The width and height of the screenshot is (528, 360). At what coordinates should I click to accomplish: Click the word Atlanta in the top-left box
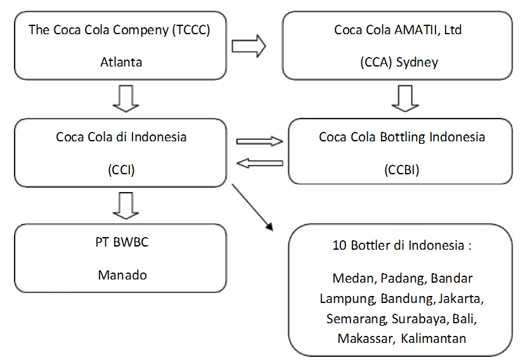click(120, 63)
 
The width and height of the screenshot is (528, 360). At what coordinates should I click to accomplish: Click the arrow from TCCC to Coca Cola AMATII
click(248, 46)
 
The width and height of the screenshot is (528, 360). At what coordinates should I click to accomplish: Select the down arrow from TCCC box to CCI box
click(120, 98)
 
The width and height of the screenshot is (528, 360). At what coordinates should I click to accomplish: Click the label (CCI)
click(120, 170)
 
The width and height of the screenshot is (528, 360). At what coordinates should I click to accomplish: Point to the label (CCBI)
click(402, 170)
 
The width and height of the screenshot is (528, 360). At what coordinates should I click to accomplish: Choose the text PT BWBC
click(120, 243)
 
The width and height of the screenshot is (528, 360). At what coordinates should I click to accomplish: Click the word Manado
click(120, 275)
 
